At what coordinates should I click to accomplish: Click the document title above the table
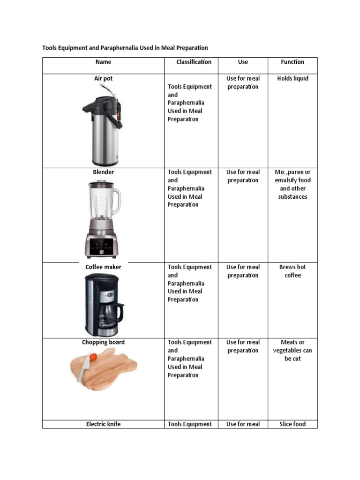[125, 48]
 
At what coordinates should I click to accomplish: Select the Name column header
[103, 62]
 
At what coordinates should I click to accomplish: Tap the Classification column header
[194, 62]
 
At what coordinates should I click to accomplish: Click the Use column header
[243, 62]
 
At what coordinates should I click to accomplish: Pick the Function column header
[292, 62]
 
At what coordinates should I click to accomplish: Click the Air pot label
[103, 78]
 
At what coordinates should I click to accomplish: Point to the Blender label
[103, 172]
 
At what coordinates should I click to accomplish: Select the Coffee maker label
[103, 267]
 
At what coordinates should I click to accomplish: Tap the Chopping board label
[103, 342]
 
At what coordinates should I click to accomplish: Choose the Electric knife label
[103, 424]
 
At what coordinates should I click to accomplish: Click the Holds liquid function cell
[292, 78]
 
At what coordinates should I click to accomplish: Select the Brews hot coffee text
[292, 271]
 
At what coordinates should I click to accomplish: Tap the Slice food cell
[292, 424]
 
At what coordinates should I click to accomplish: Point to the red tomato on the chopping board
[93, 357]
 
